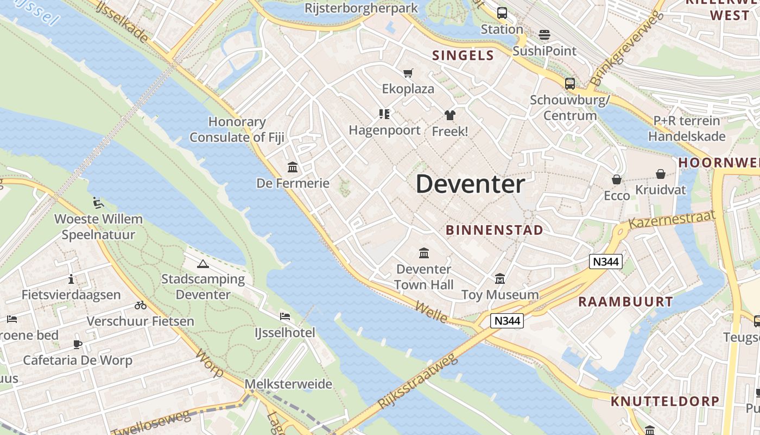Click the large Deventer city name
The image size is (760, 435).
[470, 184]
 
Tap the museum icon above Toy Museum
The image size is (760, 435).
[499, 279]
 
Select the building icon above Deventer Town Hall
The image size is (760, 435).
[423, 253]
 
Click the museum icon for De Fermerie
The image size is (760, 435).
[293, 167]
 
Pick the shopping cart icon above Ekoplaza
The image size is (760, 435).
[408, 73]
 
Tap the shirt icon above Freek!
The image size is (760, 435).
[449, 115]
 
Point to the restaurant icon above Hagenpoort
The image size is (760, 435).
[384, 114]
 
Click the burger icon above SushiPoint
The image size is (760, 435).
[544, 35]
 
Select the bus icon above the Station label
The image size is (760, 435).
[502, 13]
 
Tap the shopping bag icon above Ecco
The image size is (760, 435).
[617, 179]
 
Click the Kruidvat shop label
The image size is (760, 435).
[661, 190]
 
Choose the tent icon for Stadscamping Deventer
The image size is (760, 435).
[203, 264]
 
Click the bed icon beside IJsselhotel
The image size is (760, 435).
[285, 316]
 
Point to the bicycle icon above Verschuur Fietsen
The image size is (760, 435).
[141, 305]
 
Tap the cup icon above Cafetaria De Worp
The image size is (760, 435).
[78, 344]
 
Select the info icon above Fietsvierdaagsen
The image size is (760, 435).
[71, 279]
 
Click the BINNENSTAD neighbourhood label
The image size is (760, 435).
[494, 230]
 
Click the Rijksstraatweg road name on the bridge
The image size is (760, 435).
[417, 381]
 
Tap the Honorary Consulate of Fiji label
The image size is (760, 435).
[237, 129]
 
